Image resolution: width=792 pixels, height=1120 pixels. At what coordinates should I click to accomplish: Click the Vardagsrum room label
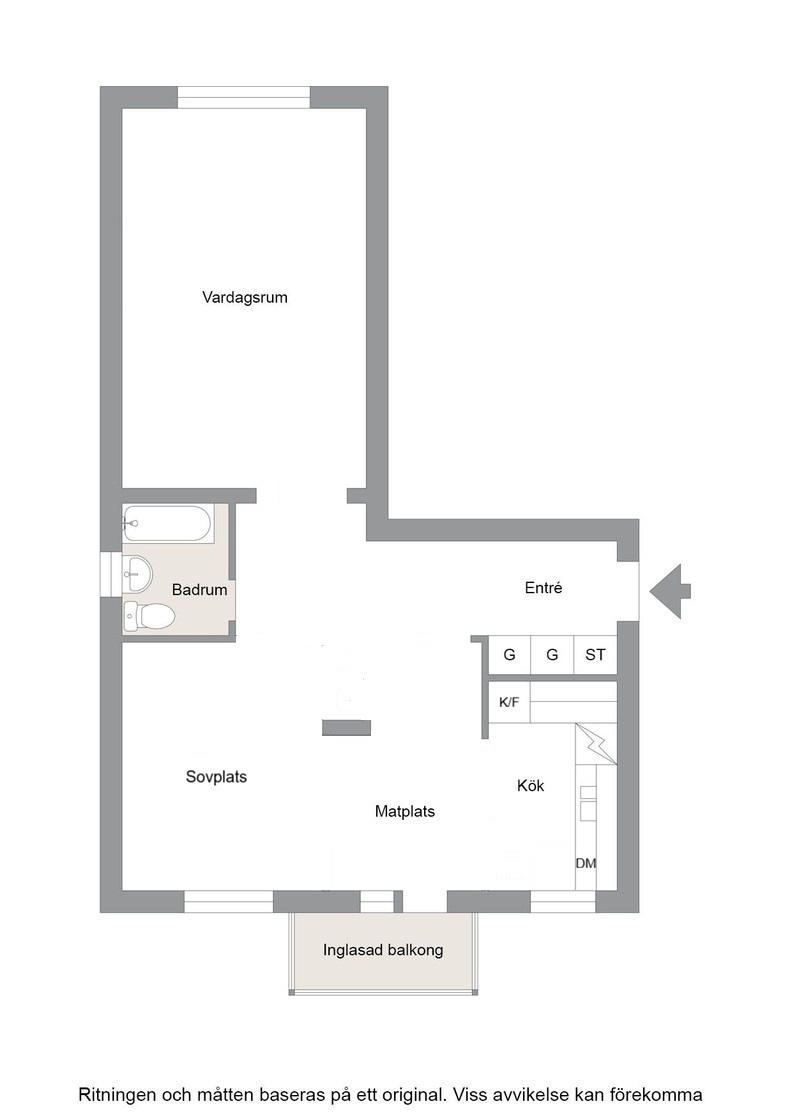click(x=244, y=297)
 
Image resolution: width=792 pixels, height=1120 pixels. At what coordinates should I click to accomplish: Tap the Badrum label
click(x=199, y=590)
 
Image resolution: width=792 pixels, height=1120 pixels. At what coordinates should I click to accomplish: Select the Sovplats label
click(x=216, y=776)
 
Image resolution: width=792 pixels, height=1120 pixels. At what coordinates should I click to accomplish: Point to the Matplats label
click(x=405, y=811)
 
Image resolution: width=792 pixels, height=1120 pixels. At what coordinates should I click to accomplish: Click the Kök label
click(x=531, y=786)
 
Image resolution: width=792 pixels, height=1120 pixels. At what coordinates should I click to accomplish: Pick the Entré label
click(x=543, y=588)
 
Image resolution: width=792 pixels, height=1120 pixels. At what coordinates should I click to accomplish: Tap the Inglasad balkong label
click(x=383, y=950)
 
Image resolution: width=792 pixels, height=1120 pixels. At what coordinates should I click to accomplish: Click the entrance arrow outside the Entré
click(x=670, y=591)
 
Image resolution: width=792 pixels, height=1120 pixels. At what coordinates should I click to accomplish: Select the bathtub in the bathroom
click(x=167, y=524)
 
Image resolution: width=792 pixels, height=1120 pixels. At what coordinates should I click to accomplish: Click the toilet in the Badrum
click(x=149, y=616)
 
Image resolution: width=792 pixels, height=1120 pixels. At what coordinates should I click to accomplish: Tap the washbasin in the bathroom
click(x=137, y=574)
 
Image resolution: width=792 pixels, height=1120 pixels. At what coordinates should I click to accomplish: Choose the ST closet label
click(x=595, y=654)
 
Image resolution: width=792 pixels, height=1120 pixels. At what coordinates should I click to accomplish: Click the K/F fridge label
click(x=509, y=702)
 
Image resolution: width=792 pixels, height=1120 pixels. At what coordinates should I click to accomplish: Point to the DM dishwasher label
click(x=586, y=863)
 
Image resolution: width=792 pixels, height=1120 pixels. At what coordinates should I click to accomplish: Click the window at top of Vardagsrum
click(x=244, y=98)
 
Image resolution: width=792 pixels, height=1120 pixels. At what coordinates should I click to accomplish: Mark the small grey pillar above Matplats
click(x=346, y=728)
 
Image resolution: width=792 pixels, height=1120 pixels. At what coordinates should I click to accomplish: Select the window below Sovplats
click(x=229, y=901)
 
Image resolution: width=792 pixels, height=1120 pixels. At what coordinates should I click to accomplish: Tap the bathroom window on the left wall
click(x=111, y=574)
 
